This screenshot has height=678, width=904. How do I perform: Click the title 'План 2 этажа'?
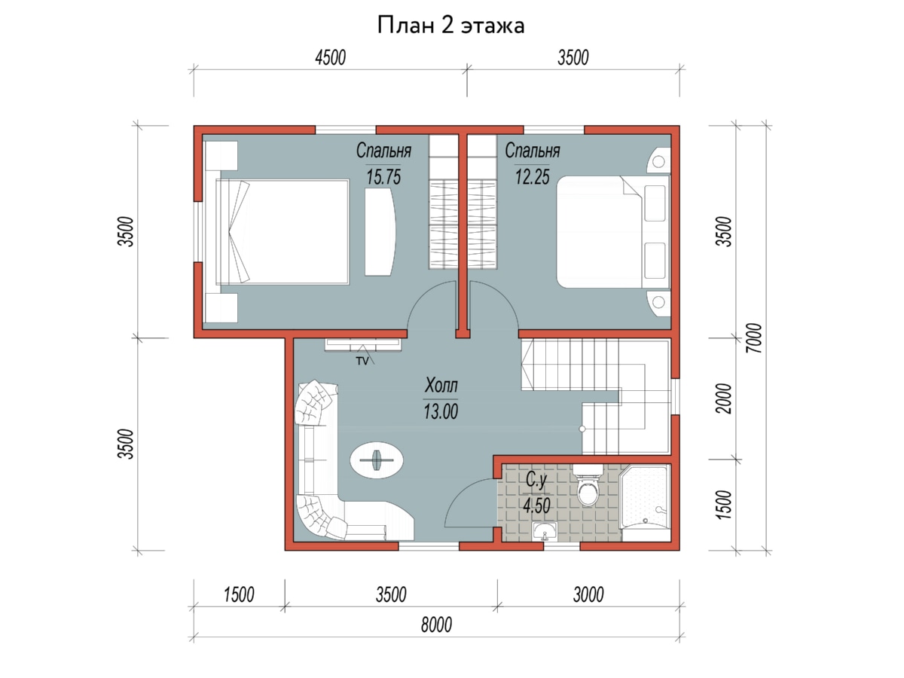pos(450,26)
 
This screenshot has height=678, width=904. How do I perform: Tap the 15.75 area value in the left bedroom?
pos(383,177)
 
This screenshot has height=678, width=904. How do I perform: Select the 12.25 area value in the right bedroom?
pos(532,177)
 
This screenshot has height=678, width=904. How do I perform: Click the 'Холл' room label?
pos(441,386)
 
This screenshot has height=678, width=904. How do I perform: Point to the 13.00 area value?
pos(441,411)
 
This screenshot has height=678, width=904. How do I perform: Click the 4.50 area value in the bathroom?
pos(536,505)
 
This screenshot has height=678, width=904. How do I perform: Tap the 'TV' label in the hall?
pos(362,361)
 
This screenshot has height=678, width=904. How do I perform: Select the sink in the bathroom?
pos(545,531)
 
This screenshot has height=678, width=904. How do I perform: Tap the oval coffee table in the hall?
pos(377,460)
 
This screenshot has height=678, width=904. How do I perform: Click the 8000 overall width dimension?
pos(436,625)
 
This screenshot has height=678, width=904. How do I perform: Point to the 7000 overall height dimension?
pos(755,338)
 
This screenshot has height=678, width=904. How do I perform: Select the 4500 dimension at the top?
pos(330,58)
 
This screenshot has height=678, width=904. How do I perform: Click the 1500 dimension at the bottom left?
pos(239,594)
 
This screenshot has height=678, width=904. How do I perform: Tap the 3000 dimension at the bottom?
pos(588,594)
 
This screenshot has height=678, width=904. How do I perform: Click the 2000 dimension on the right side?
pos(724,399)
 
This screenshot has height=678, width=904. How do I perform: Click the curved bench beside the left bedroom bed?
pos(380,231)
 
